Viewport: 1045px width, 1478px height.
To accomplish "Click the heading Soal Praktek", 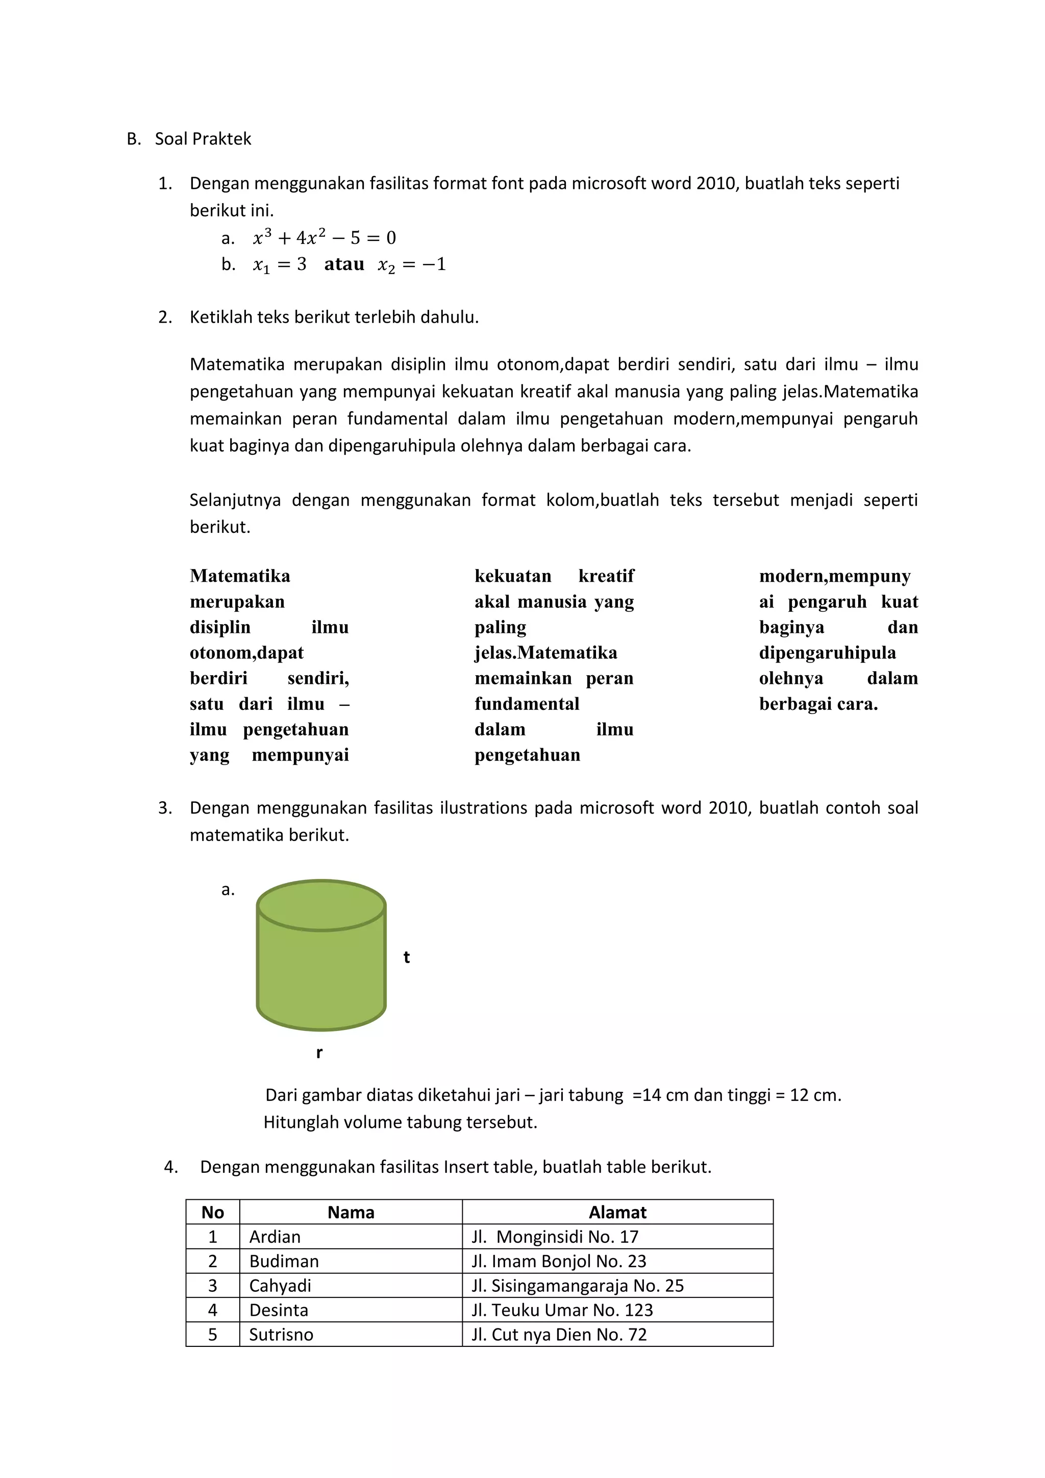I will coord(203,139).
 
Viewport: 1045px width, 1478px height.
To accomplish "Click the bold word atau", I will coord(344,264).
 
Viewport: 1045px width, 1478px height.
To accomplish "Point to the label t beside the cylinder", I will coord(407,958).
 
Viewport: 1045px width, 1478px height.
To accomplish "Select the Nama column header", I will coord(351,1213).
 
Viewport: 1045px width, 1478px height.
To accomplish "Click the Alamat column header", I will coord(617,1213).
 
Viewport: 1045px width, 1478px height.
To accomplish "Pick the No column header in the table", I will coord(212,1213).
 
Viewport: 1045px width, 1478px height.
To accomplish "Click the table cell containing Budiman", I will coord(284,1262).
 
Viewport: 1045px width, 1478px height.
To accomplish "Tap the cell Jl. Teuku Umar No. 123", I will coord(562,1311).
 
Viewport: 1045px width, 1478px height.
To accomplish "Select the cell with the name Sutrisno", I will coord(281,1335).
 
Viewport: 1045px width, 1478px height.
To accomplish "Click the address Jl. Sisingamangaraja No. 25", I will coord(577,1286).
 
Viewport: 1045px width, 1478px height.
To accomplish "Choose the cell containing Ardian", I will coord(275,1237).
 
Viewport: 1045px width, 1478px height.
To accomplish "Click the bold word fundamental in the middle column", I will coord(527,704).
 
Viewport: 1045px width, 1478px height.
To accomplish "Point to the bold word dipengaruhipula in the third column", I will coord(827,653).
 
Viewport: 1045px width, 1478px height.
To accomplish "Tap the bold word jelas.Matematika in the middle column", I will coord(545,653).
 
